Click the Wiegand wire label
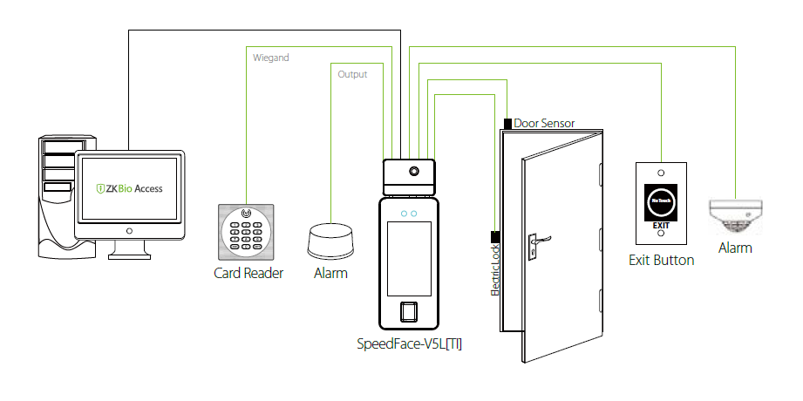click(270, 58)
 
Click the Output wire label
click(352, 74)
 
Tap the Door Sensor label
click(544, 123)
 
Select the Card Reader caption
click(248, 273)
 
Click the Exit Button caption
click(662, 260)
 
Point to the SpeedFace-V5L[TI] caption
click(410, 343)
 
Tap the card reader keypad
click(247, 231)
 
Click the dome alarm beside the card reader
click(330, 241)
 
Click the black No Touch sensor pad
click(661, 202)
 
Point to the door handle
click(536, 238)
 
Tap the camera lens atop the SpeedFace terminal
click(416, 171)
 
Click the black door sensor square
click(507, 123)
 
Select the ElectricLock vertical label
click(494, 272)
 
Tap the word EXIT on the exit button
click(661, 225)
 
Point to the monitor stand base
click(130, 255)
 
